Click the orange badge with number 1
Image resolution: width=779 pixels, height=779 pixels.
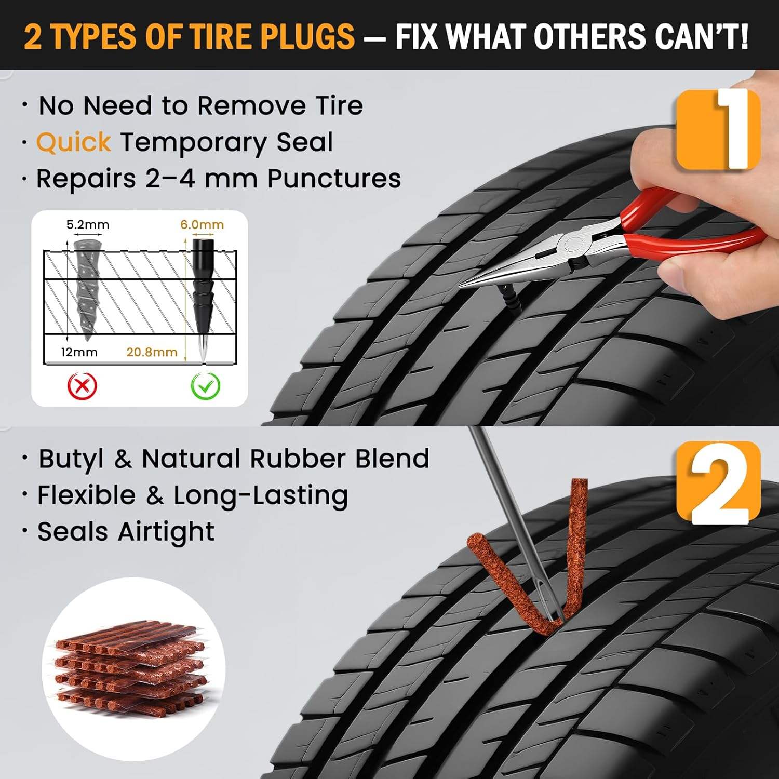point(718,129)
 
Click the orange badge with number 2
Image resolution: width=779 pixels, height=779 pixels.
point(718,483)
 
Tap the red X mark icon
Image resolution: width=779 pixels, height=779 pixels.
point(83,386)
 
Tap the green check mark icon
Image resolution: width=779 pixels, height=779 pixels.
point(206,386)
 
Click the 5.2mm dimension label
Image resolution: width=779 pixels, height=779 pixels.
point(88,225)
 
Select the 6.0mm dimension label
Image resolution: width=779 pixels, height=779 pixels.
point(202,225)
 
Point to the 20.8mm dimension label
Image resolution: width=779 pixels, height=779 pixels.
point(152,352)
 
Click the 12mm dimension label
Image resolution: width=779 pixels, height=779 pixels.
point(79,352)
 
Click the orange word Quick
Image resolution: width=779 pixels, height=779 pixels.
point(73,142)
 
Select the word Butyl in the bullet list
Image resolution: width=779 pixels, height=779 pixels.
point(71,459)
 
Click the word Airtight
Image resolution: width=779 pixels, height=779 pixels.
point(166,532)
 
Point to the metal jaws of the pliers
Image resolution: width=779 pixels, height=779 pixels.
point(519,265)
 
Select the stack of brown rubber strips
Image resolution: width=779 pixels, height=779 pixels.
point(130,670)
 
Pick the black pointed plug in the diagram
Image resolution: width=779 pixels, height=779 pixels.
point(203,291)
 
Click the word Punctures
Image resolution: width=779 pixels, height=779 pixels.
point(334,179)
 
